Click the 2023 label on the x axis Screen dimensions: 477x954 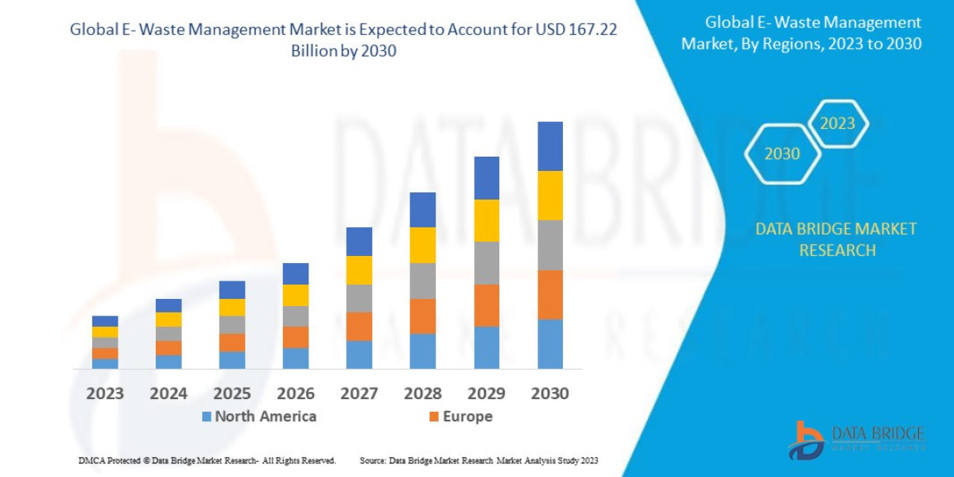pos(105,394)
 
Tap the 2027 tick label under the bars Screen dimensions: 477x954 pos(359,394)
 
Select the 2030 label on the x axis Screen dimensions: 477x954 pos(550,394)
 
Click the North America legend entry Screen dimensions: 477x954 pos(259,417)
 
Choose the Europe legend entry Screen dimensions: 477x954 pos(460,417)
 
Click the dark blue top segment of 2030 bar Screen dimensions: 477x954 pos(550,146)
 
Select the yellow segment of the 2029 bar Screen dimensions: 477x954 pos(487,220)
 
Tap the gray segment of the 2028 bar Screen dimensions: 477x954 pos(423,281)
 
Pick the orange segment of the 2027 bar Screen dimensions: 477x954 pos(359,326)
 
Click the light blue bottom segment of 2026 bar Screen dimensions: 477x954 pos(296,359)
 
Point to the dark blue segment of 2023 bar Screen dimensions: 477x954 pos(105,321)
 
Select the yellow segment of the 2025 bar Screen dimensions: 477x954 pos(232,307)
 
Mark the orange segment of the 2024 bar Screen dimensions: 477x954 pos(169,348)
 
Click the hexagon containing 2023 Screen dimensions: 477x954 pos(838,124)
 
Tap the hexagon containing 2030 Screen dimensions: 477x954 pos(782,154)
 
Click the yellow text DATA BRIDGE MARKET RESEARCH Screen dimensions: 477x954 pos(836,239)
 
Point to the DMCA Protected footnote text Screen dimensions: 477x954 pos(207,460)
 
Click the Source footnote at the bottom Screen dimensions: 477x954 pos(479,460)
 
